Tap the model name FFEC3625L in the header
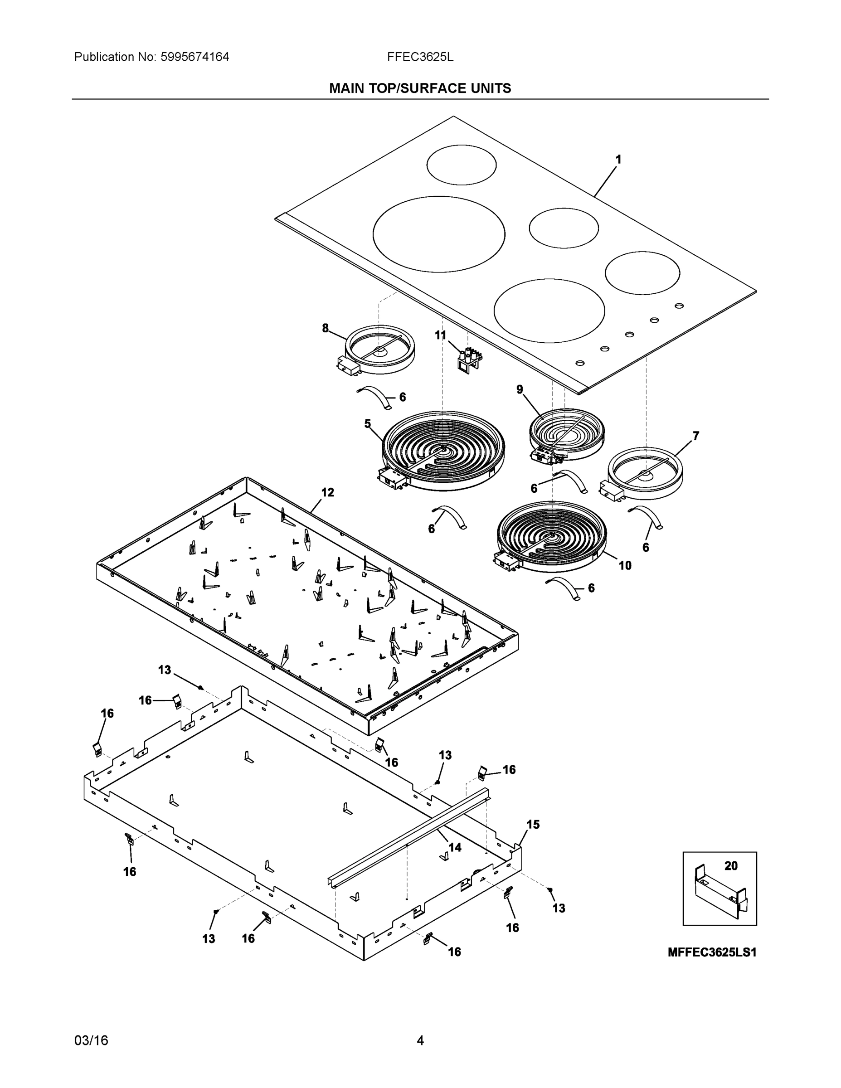420,57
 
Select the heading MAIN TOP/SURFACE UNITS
420,89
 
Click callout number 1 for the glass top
618,160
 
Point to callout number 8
326,328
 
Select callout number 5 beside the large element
368,424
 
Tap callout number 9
520,389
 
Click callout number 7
695,436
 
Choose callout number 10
625,565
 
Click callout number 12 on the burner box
327,492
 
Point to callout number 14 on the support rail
455,847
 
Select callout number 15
533,825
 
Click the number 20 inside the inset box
731,866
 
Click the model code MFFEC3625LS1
712,952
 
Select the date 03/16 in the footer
91,1041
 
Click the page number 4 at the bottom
420,1041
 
